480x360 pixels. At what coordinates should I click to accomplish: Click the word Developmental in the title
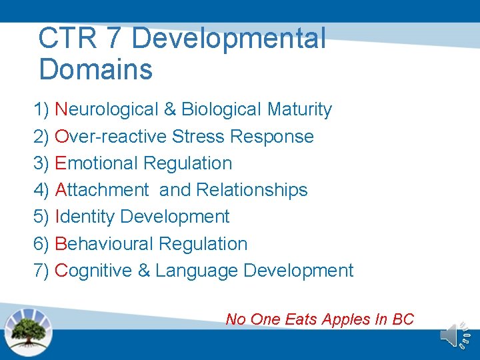pyautogui.click(x=229, y=39)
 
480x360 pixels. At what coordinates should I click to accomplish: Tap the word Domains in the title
pyautogui.click(x=95, y=69)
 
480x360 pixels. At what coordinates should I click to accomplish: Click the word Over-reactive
pyautogui.click(x=111, y=137)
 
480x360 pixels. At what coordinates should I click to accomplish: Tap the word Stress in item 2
pyautogui.click(x=198, y=137)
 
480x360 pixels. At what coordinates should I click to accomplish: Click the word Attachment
pyautogui.click(x=102, y=190)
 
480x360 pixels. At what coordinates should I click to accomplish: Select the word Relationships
pyautogui.click(x=252, y=190)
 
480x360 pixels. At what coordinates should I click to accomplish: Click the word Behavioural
pyautogui.click(x=103, y=244)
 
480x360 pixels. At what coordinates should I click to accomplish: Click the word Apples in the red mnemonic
pyautogui.click(x=346, y=319)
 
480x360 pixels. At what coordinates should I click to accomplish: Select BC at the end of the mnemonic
pyautogui.click(x=403, y=319)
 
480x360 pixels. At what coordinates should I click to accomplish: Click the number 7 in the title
pyautogui.click(x=116, y=39)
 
